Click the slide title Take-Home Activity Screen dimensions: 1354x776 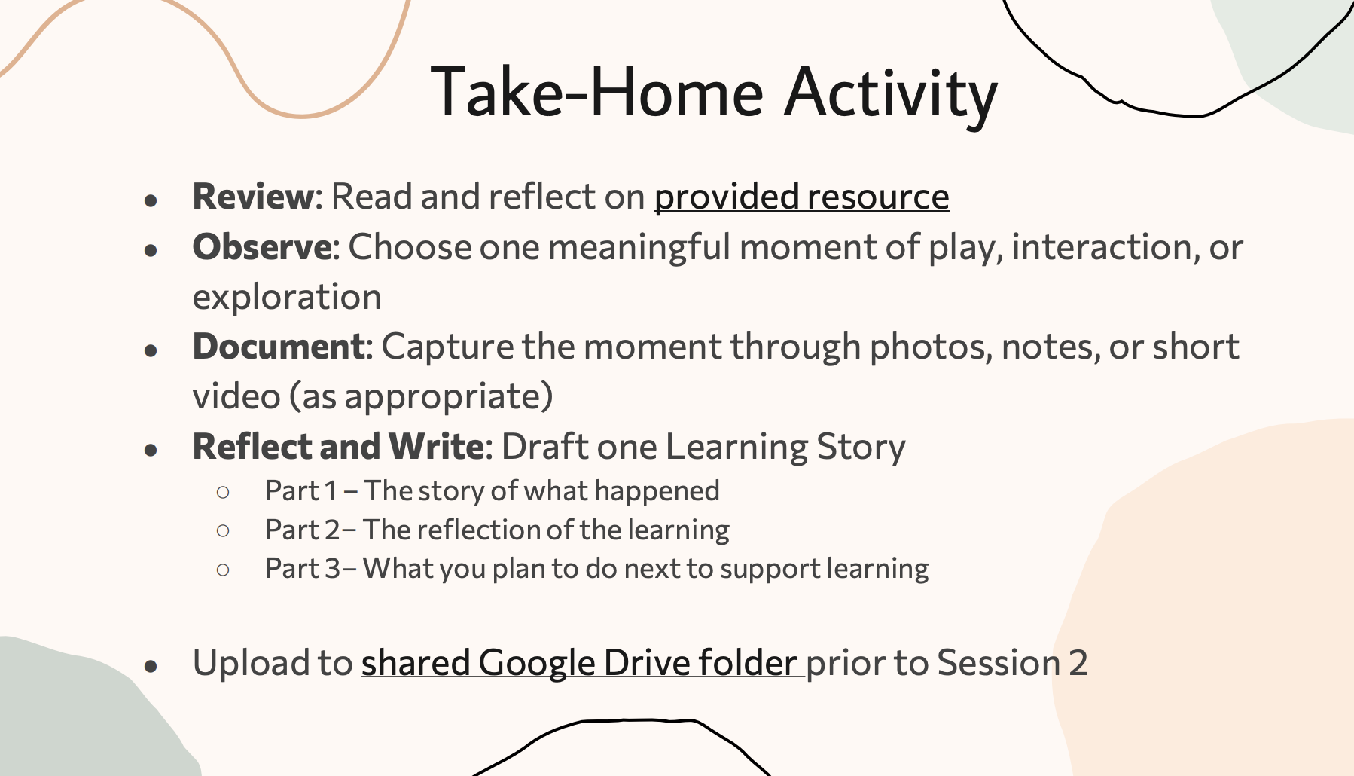[714, 93]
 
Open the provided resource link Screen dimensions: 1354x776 [801, 197]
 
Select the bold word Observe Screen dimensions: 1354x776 [266, 247]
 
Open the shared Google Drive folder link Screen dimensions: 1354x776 [578, 664]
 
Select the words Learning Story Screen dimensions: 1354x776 [785, 448]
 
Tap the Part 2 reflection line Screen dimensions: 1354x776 [497, 530]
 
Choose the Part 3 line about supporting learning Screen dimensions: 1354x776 [597, 569]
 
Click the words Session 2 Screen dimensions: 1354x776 [1013, 663]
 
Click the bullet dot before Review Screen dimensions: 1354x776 [151, 200]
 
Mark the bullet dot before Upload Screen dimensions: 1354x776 [151, 667]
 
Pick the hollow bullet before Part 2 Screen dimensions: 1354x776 [223, 531]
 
